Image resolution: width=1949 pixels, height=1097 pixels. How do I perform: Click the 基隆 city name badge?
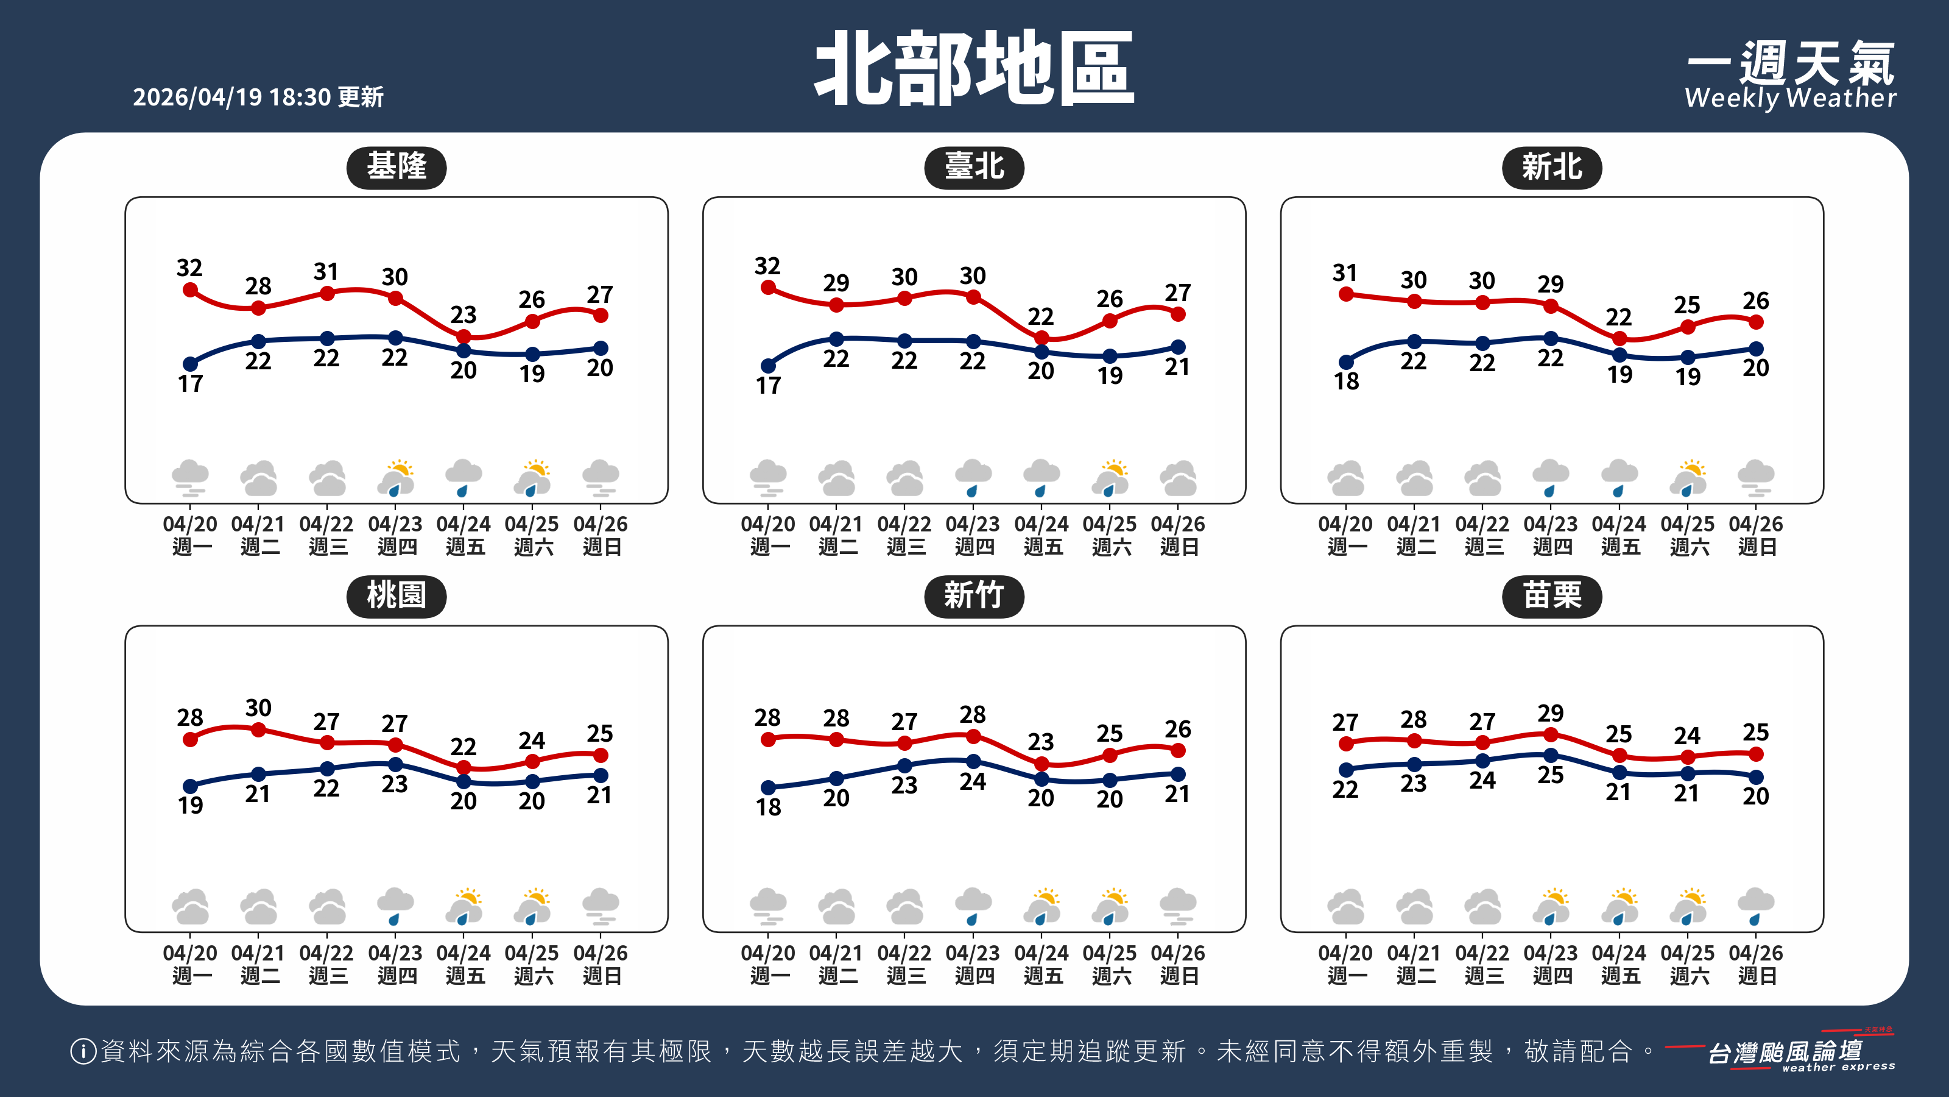tap(396, 168)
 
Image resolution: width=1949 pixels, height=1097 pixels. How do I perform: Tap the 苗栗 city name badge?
tap(1551, 596)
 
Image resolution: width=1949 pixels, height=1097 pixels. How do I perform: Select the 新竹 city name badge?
tap(974, 596)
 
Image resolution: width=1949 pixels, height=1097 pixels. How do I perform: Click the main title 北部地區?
tap(974, 69)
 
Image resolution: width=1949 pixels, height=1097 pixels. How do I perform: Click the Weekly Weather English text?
tap(1790, 98)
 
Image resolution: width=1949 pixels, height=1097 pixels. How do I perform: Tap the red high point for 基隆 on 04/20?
tap(191, 290)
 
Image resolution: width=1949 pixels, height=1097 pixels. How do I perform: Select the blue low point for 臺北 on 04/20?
tap(768, 366)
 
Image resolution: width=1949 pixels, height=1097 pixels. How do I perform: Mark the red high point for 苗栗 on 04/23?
tap(1550, 734)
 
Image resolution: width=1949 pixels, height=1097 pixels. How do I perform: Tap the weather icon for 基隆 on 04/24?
tap(463, 478)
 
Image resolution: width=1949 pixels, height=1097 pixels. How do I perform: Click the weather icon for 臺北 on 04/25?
tap(1110, 478)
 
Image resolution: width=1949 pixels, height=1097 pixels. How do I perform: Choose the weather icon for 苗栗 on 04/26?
tap(1755, 906)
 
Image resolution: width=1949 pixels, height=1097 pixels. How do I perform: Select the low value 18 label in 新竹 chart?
tap(768, 807)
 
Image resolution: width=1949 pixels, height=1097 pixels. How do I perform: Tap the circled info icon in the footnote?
tap(82, 1051)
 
